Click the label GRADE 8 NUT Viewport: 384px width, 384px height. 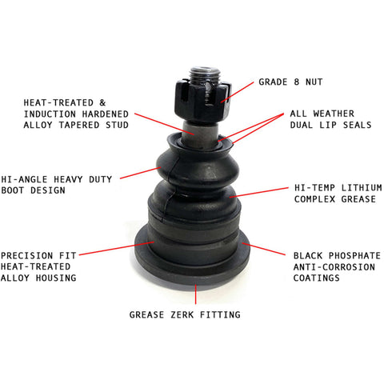(290, 82)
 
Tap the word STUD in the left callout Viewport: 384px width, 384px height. (117, 125)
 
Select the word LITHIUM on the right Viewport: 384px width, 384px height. (362, 188)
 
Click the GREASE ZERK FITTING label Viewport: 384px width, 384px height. (185, 314)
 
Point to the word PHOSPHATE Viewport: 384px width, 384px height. (354, 256)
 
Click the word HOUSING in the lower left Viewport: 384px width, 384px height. (56, 278)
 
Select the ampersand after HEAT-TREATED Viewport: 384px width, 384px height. (102, 102)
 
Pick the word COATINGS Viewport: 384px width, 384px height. (317, 278)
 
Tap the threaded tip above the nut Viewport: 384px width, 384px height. (205, 74)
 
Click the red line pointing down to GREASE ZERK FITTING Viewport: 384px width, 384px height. (196, 294)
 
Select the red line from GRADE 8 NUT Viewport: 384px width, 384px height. (238, 92)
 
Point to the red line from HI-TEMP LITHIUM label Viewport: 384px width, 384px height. (258, 193)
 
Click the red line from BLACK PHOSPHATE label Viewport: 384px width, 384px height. (263, 249)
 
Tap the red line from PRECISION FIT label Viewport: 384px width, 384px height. (117, 248)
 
